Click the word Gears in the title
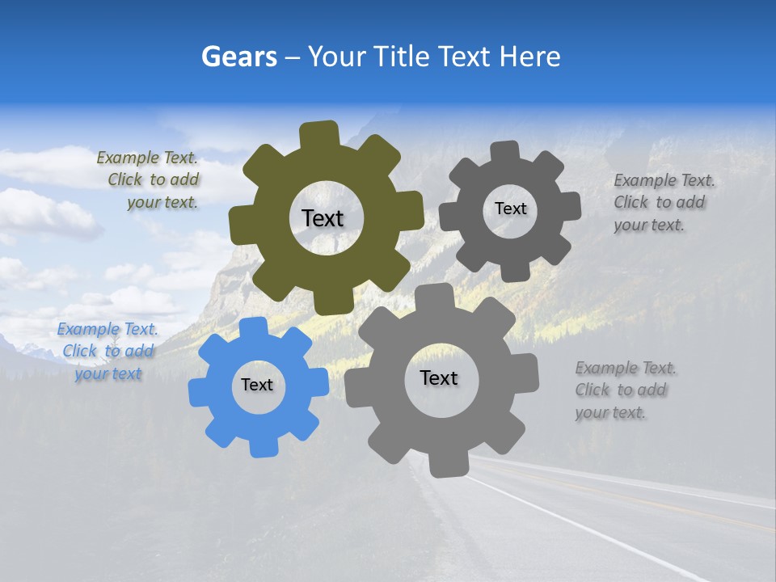coord(238,57)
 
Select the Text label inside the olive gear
coord(323,218)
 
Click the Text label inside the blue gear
coord(257,386)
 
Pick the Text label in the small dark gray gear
coord(510,209)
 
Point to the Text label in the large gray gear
coord(439,378)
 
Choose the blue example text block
coord(108,352)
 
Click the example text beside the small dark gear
coord(663,203)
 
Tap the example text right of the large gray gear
coord(624,390)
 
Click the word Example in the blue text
coord(88,330)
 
